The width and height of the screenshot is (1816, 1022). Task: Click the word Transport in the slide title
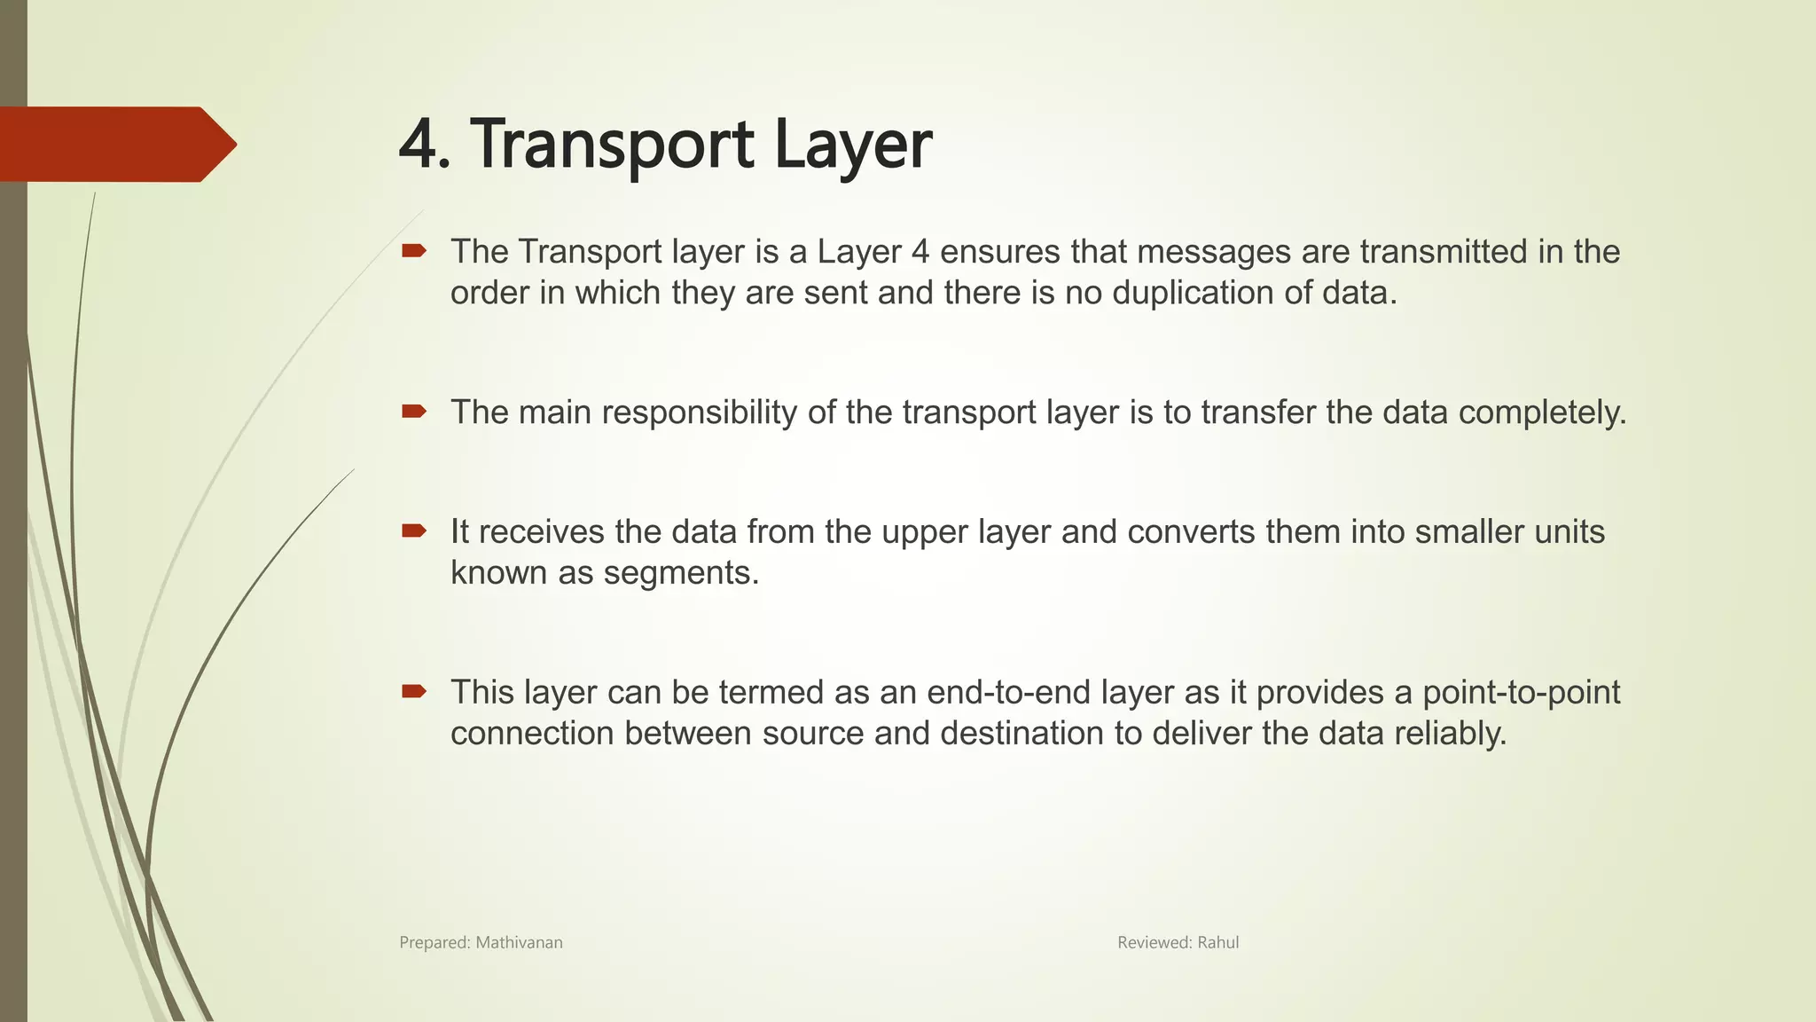click(x=612, y=144)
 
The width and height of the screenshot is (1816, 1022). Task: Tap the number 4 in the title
click(x=418, y=145)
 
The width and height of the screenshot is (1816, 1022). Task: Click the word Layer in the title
click(x=852, y=145)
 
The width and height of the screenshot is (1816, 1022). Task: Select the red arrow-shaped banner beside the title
click(x=115, y=144)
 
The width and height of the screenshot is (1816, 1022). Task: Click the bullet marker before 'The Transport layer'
click(x=414, y=252)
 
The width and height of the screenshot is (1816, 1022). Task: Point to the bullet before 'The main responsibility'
click(x=414, y=412)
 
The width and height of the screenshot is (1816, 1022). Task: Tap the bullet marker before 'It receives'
click(x=414, y=531)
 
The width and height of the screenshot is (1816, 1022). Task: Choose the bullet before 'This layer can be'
click(x=414, y=691)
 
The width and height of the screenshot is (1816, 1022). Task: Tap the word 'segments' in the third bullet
click(x=680, y=573)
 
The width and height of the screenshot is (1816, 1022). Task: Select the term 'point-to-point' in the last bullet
click(x=1521, y=692)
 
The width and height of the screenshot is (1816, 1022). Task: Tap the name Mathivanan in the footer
click(x=519, y=942)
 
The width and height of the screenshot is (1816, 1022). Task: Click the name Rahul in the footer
click(x=1217, y=942)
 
